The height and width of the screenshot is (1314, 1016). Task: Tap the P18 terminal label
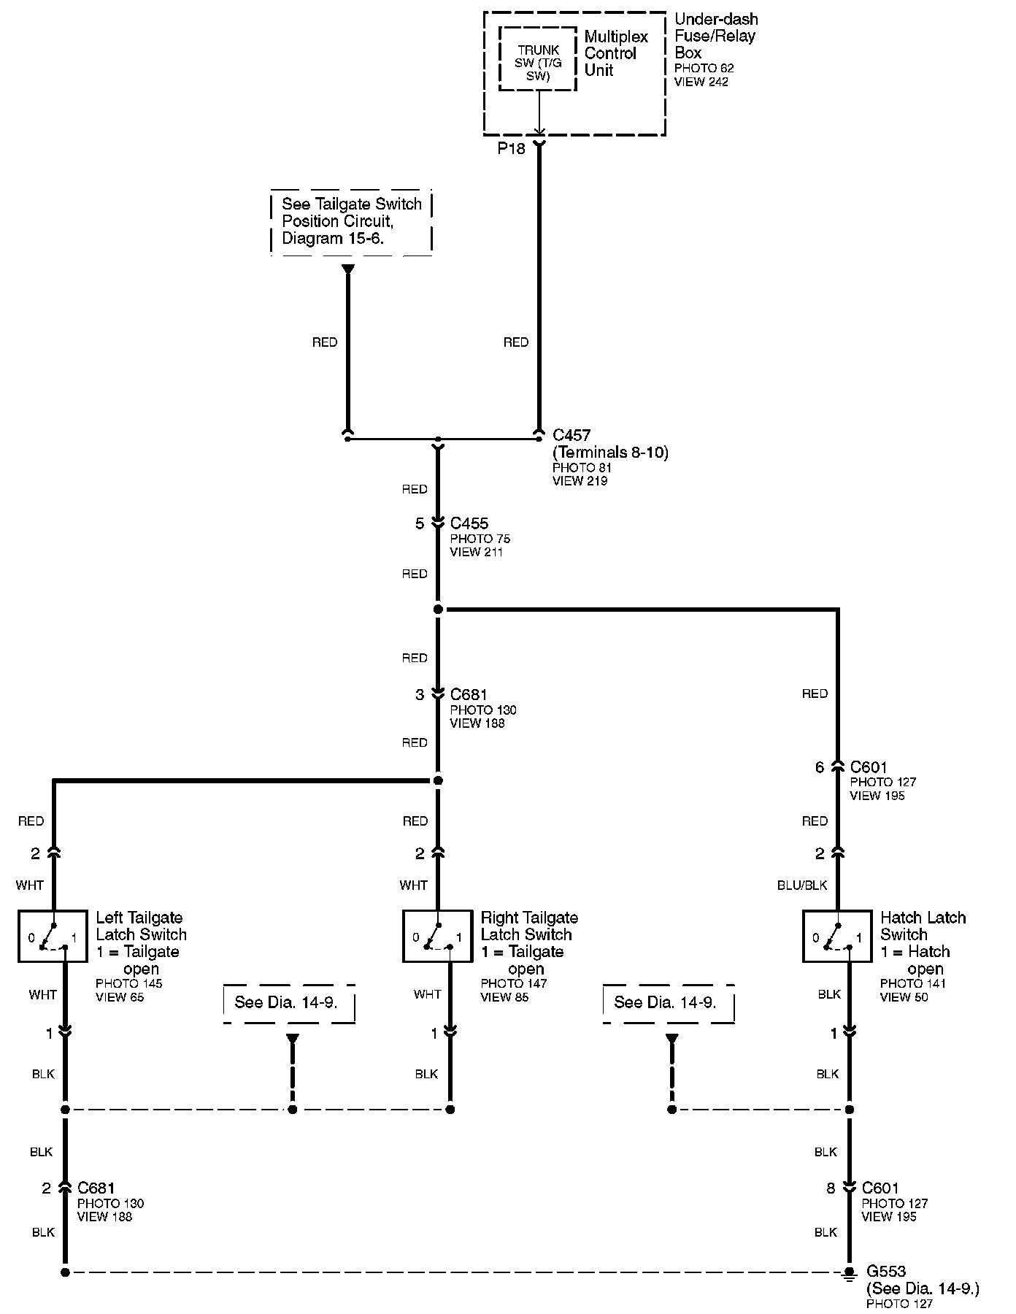[x=512, y=149]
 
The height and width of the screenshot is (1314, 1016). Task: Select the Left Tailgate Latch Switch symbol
[x=53, y=936]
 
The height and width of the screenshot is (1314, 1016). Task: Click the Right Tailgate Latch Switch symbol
[x=437, y=936]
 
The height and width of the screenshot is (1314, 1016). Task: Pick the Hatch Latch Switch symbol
[x=837, y=936]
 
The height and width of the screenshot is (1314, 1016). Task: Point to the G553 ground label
[x=885, y=1271]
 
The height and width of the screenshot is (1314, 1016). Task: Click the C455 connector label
[x=469, y=523]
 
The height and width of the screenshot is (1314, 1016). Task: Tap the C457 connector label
[x=571, y=436]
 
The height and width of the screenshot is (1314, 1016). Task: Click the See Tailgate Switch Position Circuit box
[x=352, y=221]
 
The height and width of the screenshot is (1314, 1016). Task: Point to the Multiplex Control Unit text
[x=616, y=53]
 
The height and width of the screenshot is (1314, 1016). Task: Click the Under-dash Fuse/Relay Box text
[x=715, y=36]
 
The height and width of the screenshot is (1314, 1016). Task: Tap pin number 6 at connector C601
[x=820, y=767]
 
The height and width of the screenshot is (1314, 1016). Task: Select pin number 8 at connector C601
[x=831, y=1188]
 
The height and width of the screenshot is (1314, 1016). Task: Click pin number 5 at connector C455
[x=420, y=523]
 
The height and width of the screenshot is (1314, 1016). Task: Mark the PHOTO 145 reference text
[x=129, y=983]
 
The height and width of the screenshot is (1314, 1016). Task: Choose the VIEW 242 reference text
[x=701, y=82]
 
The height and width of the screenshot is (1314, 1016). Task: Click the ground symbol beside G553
[x=849, y=1274]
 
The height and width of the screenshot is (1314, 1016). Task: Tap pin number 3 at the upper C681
[x=420, y=695]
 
